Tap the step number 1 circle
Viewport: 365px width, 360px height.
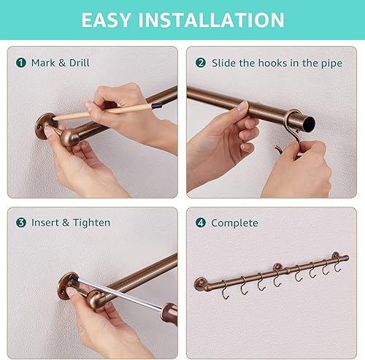[20, 63]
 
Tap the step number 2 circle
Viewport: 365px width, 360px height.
[201, 63]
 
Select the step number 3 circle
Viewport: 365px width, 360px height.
[20, 222]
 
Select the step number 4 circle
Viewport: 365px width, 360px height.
[201, 223]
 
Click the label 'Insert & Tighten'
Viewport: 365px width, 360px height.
[71, 222]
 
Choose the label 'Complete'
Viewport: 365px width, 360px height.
[234, 223]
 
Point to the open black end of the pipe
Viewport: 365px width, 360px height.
[301, 120]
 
